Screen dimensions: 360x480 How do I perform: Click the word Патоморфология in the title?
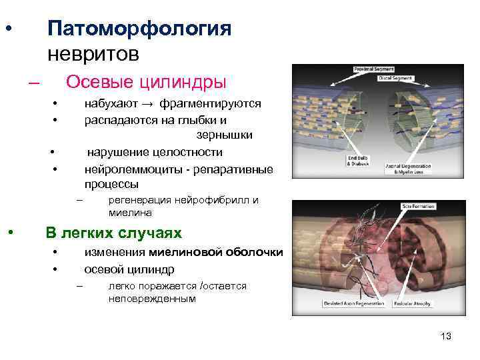139,29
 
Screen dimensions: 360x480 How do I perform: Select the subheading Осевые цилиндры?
146,81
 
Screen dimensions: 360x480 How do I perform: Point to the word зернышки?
224,135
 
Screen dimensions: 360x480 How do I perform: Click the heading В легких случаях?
113,233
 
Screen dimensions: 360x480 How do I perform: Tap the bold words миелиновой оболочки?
216,253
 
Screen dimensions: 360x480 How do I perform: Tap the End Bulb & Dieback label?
356,161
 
